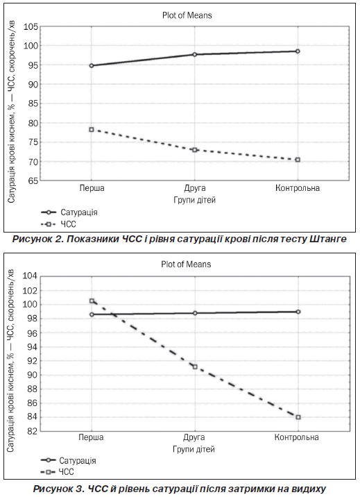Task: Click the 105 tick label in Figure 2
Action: [31, 27]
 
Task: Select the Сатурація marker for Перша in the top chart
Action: [92, 66]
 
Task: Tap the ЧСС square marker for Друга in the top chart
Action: [195, 150]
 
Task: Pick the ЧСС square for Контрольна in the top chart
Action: [298, 160]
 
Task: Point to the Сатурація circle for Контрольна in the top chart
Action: [298, 51]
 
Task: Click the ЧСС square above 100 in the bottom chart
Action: [92, 301]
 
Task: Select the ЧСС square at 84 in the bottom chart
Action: [298, 417]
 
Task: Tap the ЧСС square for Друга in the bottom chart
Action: [195, 367]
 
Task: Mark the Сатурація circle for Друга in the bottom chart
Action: [195, 313]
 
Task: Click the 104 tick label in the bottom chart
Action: [30, 276]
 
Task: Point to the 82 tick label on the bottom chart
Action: [33, 431]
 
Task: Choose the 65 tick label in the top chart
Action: [33, 180]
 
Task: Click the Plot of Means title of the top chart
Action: [187, 15]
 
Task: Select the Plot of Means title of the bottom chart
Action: [186, 264]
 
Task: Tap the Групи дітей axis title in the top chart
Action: [194, 200]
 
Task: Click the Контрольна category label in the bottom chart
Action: [296, 437]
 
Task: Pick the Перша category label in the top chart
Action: [92, 188]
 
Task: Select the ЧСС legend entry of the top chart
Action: [58, 224]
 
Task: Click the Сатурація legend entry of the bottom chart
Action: [69, 460]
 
